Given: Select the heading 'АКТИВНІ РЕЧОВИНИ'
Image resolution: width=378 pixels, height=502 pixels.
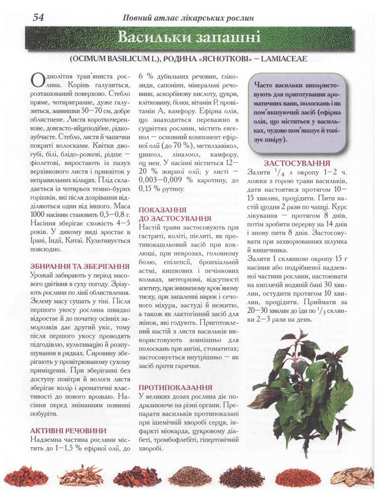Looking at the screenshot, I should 68,430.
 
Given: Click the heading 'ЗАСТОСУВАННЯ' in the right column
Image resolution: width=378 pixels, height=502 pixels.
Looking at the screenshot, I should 297,164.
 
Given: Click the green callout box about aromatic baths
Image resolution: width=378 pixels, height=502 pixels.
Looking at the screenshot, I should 298,111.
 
